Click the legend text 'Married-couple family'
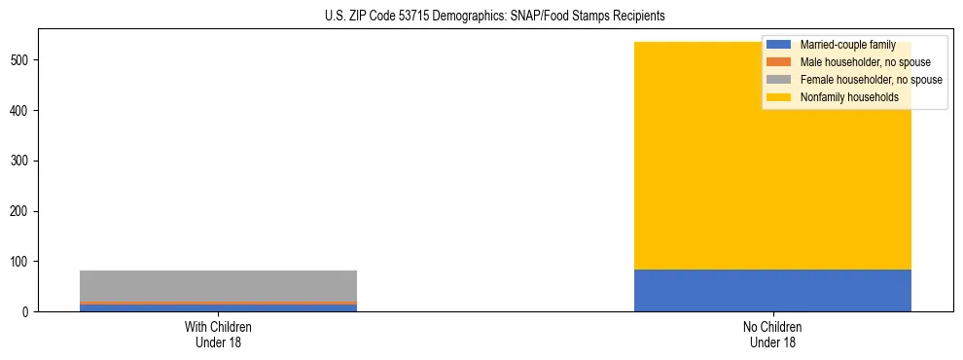(847, 45)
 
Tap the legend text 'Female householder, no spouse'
(871, 80)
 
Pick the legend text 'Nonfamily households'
(848, 97)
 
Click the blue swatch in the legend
(779, 45)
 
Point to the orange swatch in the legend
(779, 62)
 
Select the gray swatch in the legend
(779, 80)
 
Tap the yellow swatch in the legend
(779, 97)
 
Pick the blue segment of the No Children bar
(772, 291)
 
